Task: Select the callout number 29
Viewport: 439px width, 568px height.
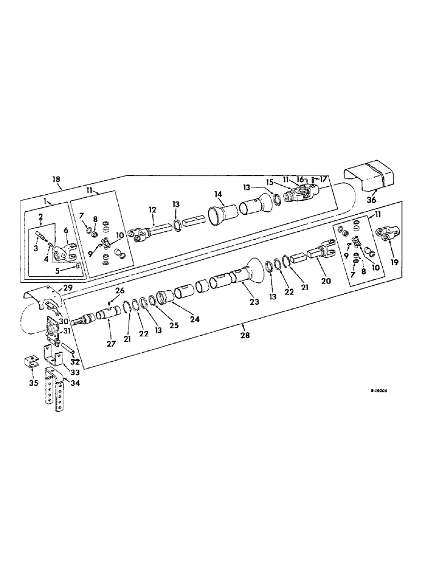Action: pos(67,289)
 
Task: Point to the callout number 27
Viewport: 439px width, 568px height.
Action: pos(110,343)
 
